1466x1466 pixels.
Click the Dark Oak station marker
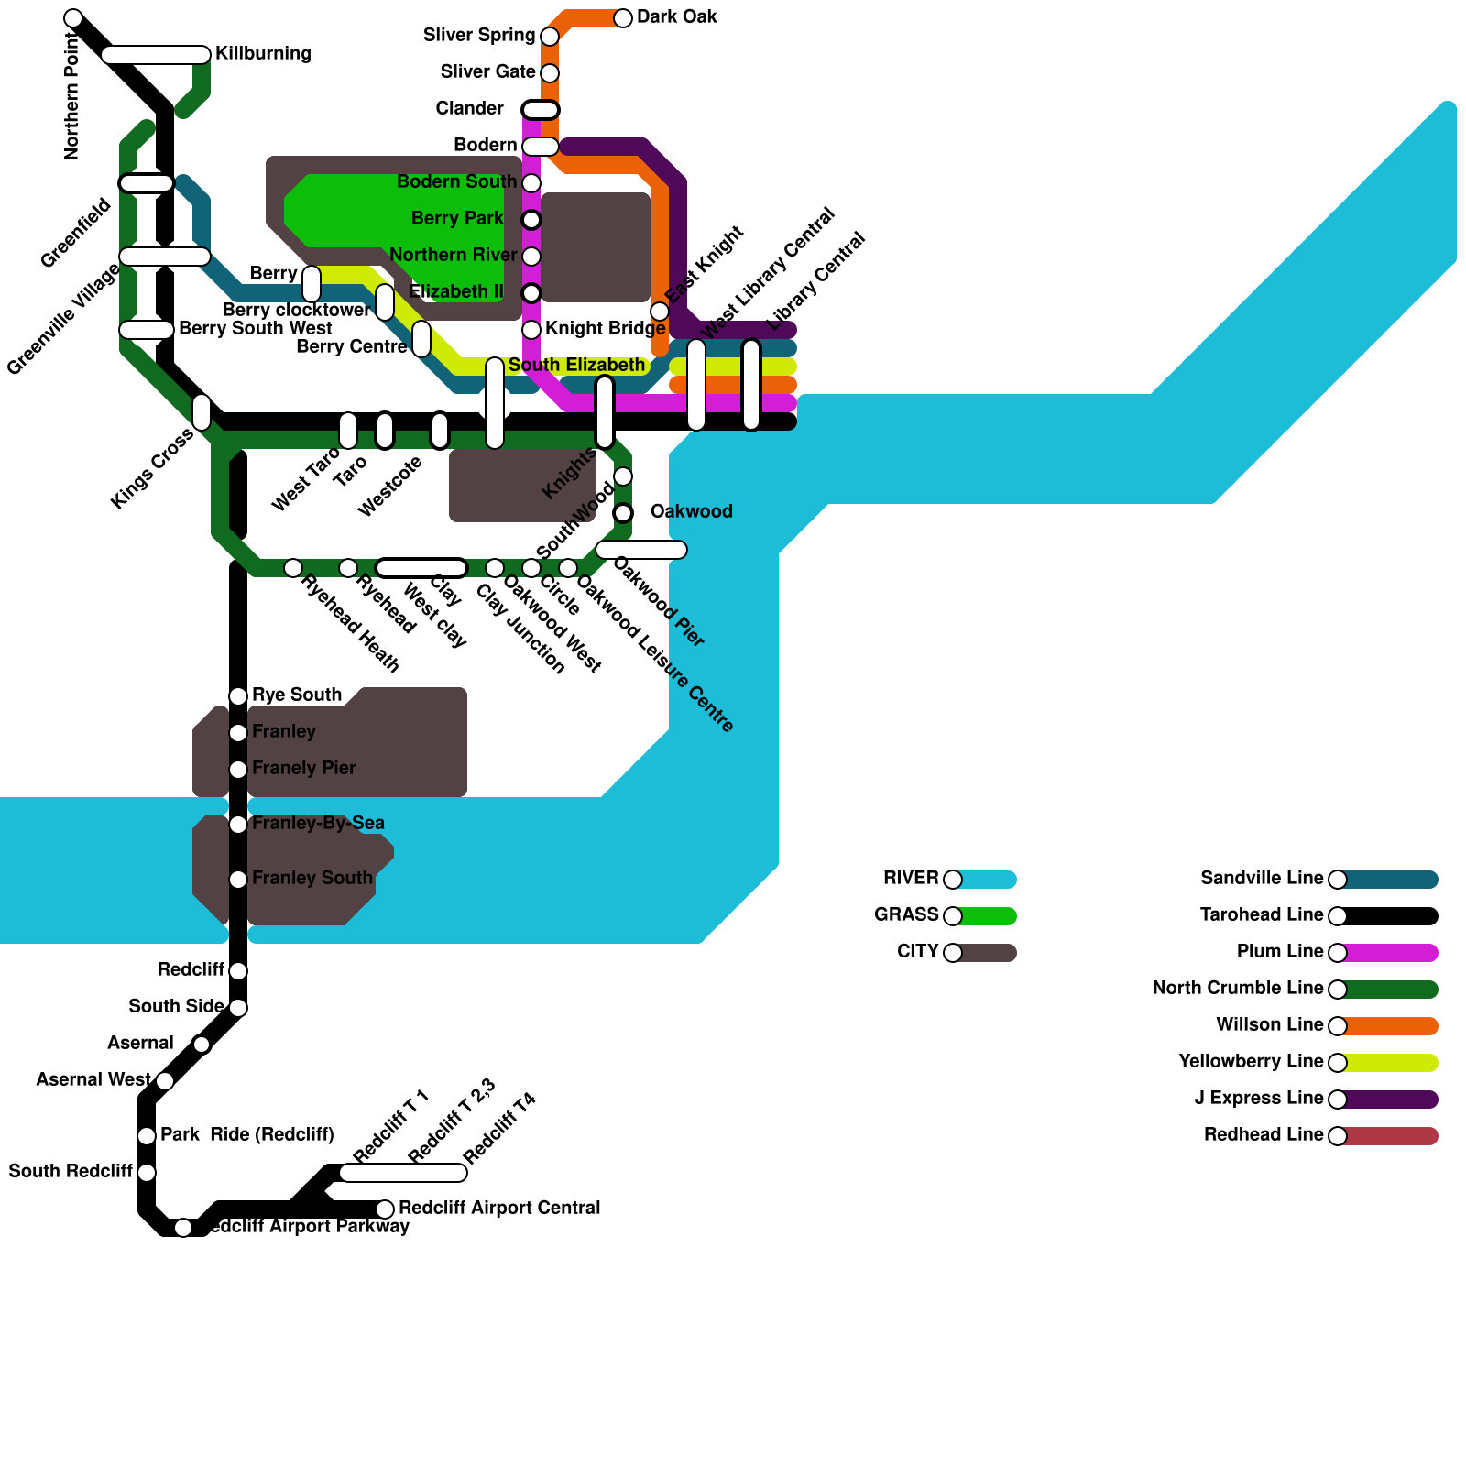pos(623,18)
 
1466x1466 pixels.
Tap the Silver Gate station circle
pos(550,73)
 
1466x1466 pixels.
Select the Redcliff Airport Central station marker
pos(385,1209)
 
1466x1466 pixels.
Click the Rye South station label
pos(297,695)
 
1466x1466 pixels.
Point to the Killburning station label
pos(263,53)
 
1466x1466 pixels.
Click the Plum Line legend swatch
pos(1388,953)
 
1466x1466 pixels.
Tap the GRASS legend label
pos(906,914)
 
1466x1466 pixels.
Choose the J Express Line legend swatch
pos(1388,1099)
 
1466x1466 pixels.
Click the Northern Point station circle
pos(73,18)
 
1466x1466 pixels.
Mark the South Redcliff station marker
pos(147,1173)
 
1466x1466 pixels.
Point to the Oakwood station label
pos(691,511)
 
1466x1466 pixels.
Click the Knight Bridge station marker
pos(531,330)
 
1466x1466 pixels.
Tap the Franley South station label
pos(312,878)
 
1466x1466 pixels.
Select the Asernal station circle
pos(202,1045)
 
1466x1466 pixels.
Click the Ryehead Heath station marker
pos(293,568)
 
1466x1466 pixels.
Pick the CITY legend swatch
pos(985,953)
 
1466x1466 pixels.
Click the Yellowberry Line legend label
pos(1251,1062)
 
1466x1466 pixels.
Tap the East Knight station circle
pos(660,312)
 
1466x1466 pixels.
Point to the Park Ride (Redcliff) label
pos(246,1134)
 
